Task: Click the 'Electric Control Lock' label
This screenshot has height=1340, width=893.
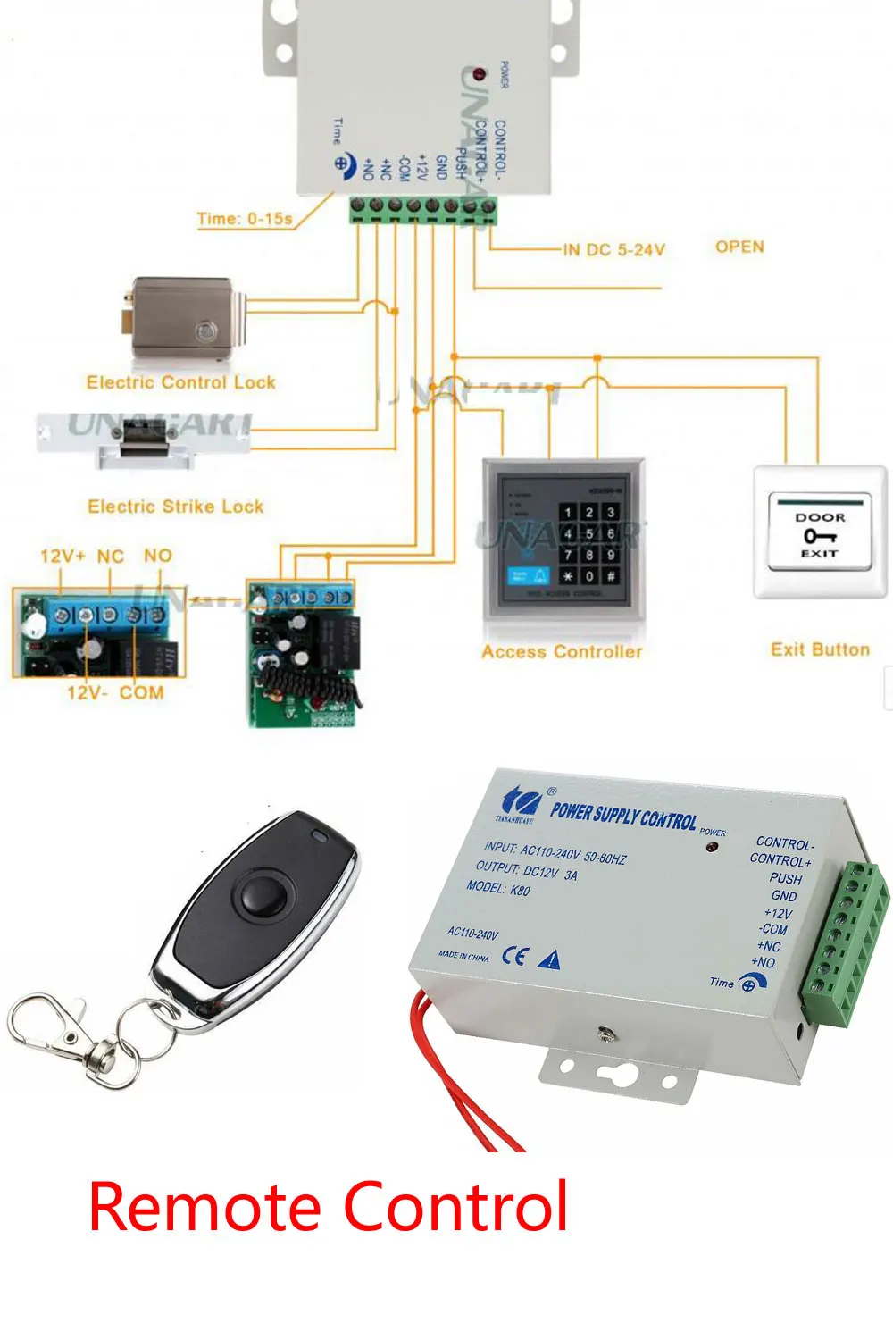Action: click(x=180, y=382)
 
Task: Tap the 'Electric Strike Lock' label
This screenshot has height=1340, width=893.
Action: click(x=175, y=507)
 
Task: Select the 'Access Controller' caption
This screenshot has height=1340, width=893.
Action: click(x=562, y=652)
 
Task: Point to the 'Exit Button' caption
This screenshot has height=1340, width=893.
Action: click(x=820, y=649)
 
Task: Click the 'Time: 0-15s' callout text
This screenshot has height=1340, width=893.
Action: click(x=245, y=218)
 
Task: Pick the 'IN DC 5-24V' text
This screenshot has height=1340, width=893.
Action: click(x=614, y=250)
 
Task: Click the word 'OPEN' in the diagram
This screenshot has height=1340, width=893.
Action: click(x=739, y=247)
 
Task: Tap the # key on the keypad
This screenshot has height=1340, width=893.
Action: click(x=611, y=576)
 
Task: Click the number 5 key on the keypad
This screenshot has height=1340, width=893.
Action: click(x=589, y=534)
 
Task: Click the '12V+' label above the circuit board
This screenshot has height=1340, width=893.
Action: click(x=63, y=556)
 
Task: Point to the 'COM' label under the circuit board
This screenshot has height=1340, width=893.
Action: click(x=141, y=692)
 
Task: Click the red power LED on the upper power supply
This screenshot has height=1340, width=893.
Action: click(x=479, y=73)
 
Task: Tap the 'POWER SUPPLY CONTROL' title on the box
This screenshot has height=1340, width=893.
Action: click(x=622, y=815)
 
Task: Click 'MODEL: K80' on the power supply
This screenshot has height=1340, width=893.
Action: click(x=497, y=888)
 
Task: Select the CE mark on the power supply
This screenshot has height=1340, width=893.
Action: click(x=513, y=955)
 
